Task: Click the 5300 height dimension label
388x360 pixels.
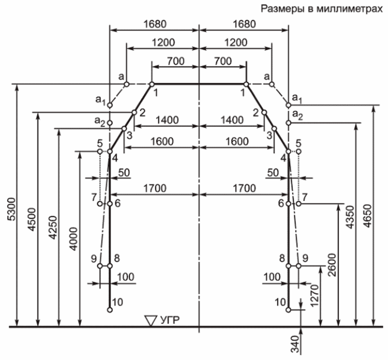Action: [x=9, y=208]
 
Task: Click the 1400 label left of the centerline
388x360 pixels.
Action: [x=166, y=120]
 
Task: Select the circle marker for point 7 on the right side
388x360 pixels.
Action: [x=298, y=204]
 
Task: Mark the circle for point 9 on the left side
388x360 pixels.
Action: [x=101, y=266]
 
